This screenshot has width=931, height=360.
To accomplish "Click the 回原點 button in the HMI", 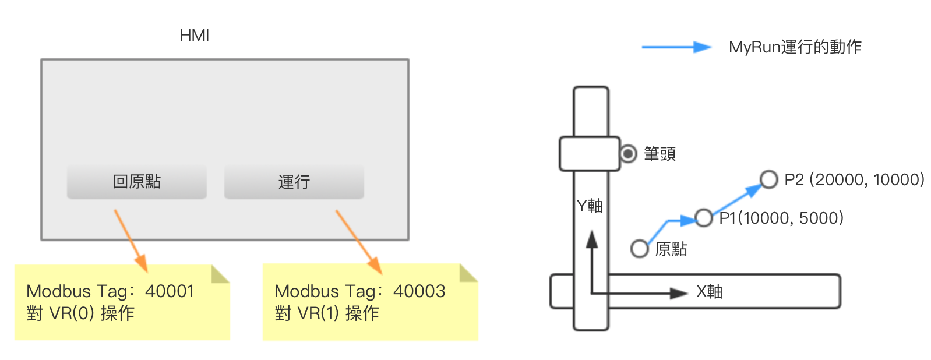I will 136,182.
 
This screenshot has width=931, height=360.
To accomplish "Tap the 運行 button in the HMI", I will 294,182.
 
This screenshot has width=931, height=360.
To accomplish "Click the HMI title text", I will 194,36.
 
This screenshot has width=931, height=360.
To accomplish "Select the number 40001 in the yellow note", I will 169,291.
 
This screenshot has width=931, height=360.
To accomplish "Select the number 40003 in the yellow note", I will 419,291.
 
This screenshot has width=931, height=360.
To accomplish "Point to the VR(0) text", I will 72,313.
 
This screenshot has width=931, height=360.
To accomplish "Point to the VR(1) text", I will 318,313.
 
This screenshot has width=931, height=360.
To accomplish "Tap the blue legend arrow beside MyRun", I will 676,47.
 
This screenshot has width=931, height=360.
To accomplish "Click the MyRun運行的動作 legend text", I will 795,47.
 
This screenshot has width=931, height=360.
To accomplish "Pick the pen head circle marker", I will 628,154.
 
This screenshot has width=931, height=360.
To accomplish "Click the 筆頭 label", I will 660,154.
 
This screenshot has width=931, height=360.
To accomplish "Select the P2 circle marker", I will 769,179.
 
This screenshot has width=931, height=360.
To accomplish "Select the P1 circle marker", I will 704,218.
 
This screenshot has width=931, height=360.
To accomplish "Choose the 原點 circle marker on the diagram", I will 640,249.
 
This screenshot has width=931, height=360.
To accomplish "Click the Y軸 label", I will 590,206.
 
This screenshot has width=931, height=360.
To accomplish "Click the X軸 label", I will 709,291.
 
